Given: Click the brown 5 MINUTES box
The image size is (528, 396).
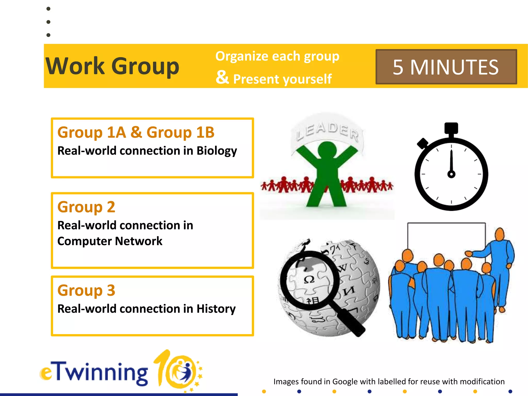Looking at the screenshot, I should (446, 67).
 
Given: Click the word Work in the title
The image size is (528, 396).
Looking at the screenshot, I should (75, 66).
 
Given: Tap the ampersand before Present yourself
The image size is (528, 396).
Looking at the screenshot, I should (222, 77).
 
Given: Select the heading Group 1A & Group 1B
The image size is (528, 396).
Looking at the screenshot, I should (136, 132).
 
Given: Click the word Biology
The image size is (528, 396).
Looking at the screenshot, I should (217, 151).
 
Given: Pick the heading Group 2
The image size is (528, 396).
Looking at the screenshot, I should (86, 207).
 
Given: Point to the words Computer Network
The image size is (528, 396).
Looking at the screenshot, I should (110, 241).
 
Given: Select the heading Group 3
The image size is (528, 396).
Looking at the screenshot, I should (86, 290).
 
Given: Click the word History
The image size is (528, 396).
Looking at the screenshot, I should (216, 309).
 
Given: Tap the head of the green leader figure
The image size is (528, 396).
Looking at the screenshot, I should (327, 150).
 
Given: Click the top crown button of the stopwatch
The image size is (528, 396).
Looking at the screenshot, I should (451, 128).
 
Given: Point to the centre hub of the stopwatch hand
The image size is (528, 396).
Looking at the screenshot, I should (451, 174).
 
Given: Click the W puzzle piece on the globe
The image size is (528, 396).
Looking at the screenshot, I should (342, 268).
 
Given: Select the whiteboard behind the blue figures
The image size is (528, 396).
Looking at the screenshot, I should (446, 237).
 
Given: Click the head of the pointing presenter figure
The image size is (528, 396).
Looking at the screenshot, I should (500, 234).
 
